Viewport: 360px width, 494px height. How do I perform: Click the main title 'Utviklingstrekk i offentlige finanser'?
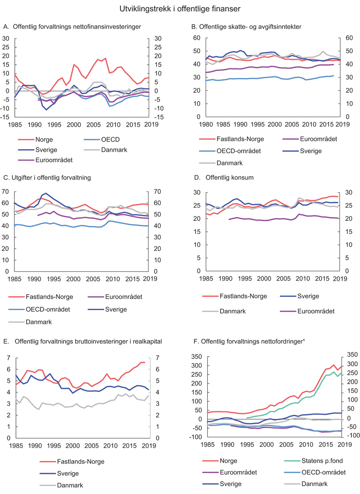click(180, 8)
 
